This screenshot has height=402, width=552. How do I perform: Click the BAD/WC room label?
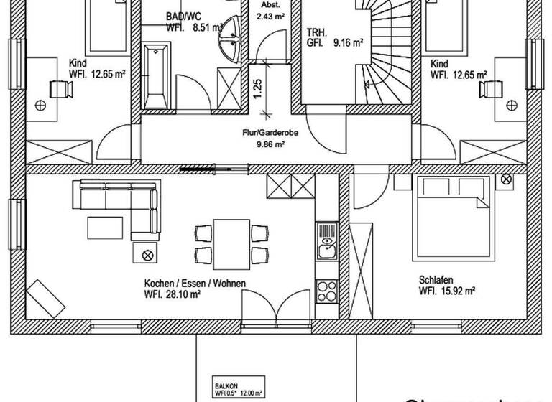tap(183, 15)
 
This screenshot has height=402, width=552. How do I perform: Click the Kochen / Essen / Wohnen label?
tap(195, 284)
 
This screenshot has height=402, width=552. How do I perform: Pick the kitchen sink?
tap(326, 248)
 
